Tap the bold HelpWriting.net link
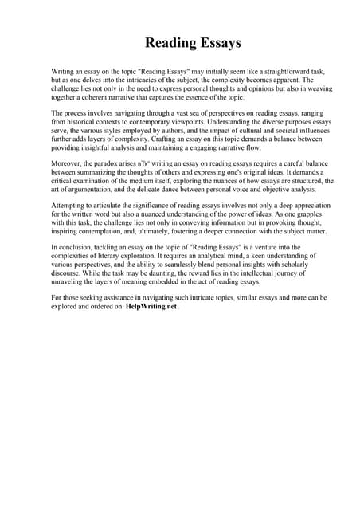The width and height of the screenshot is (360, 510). point(151,306)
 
